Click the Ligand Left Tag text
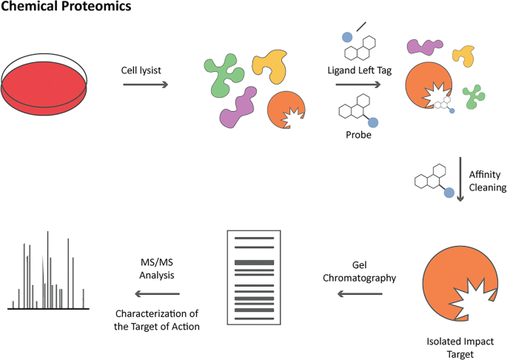tap(358, 70)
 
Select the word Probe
tap(358, 136)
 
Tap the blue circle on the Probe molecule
tap(373, 122)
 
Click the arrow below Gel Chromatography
tap(360, 293)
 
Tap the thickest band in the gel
tap(254, 263)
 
